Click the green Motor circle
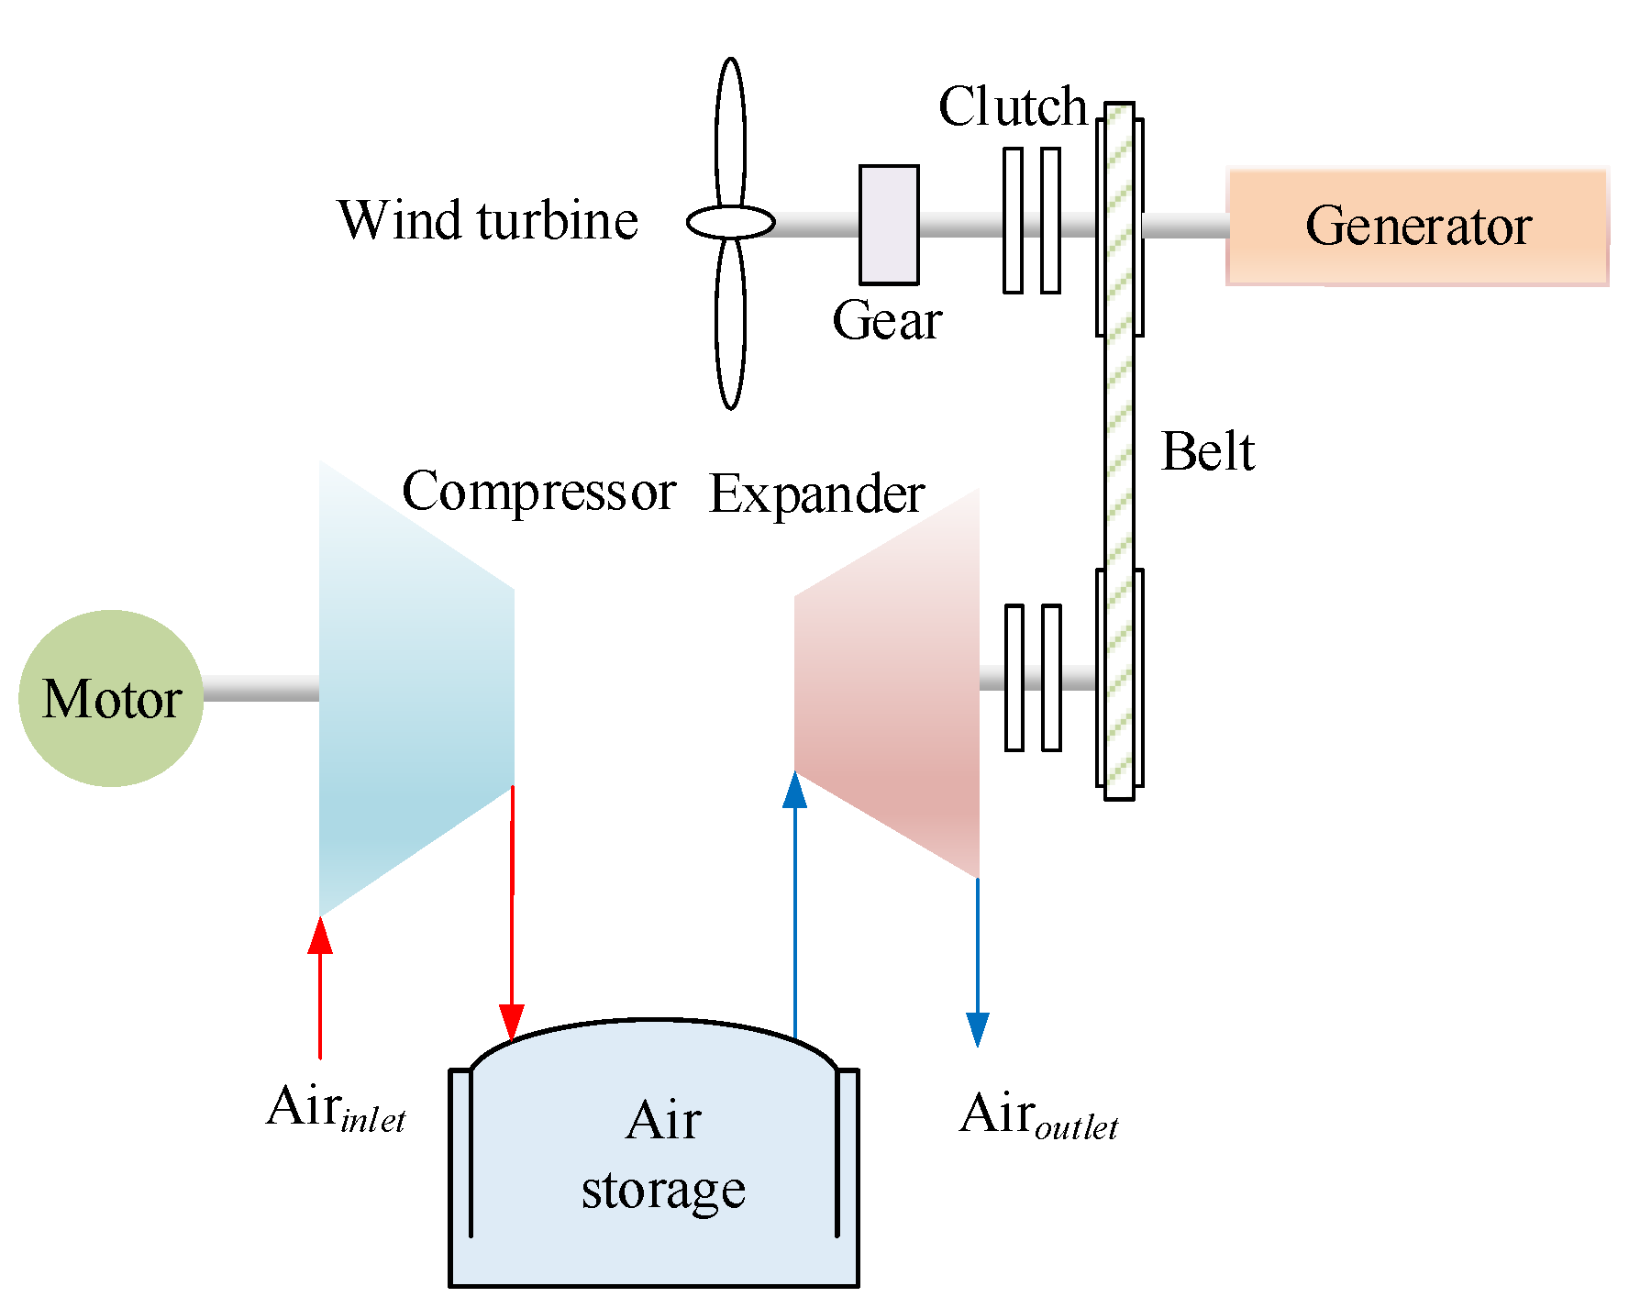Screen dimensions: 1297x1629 pos(111,698)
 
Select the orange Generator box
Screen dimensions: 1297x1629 pos(1417,227)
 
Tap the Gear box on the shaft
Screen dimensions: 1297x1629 pos(889,225)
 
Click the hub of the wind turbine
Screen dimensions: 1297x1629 pos(731,222)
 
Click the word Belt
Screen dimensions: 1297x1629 pos(1207,451)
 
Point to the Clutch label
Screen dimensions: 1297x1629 pos(1013,106)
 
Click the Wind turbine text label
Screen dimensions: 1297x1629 pos(488,220)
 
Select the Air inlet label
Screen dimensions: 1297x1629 pos(336,1108)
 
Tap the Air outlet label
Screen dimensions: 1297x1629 pos(1038,1115)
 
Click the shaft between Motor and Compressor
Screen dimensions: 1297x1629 pos(260,689)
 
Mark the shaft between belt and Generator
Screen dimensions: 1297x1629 pos(1185,226)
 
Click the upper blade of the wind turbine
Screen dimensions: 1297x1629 pos(730,133)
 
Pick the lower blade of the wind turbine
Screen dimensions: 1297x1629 pos(730,321)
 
